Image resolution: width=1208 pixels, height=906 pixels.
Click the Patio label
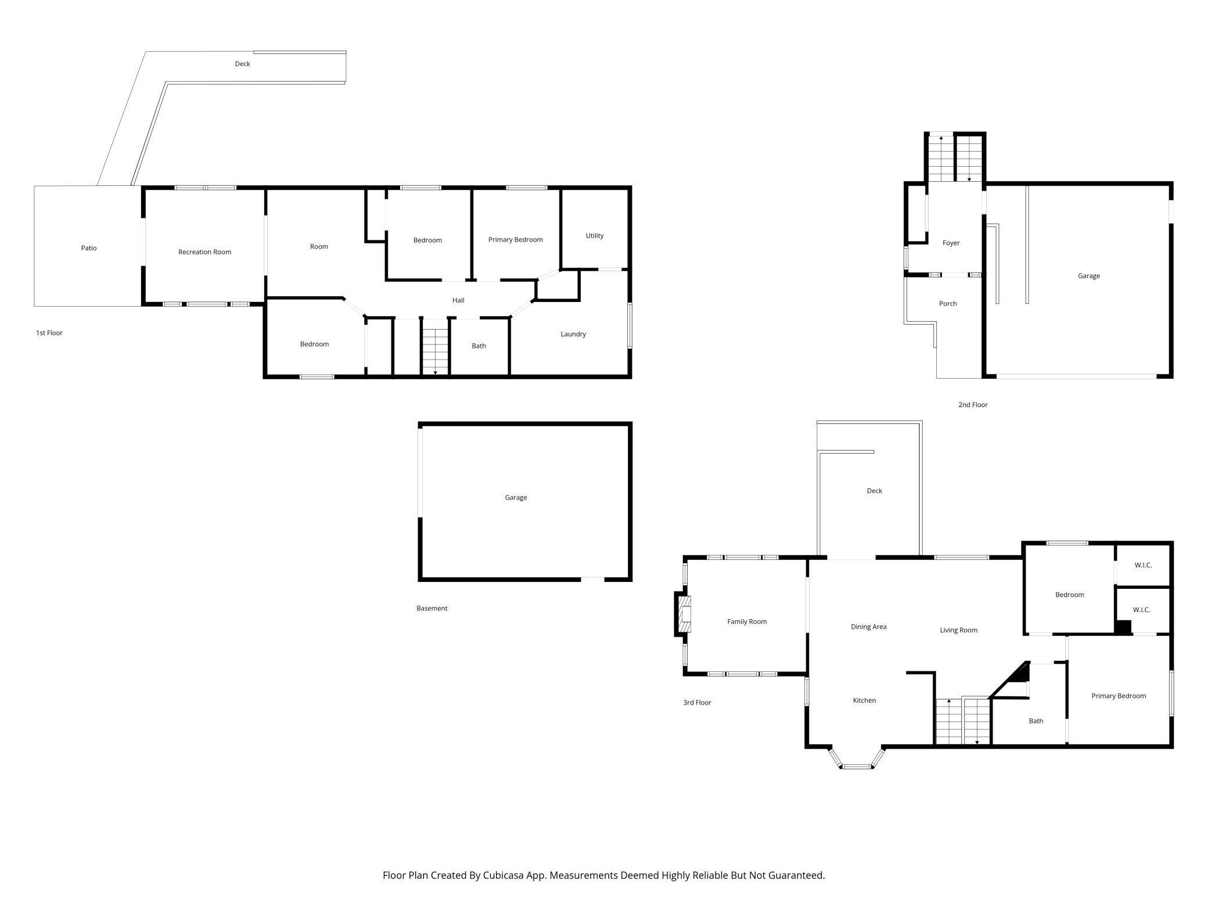[89, 248]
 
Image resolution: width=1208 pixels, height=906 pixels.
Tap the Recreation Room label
[204, 252]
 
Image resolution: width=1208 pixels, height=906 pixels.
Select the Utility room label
[594, 236]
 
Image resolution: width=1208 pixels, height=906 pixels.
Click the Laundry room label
[573, 334]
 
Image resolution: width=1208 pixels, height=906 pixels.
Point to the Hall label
[458, 300]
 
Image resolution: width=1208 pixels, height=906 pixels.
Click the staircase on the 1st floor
[435, 351]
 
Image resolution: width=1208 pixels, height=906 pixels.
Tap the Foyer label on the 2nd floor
[951, 243]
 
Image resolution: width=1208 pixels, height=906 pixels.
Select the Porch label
[947, 304]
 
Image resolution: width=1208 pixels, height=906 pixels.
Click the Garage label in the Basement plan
[516, 498]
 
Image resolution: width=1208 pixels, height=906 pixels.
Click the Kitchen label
[864, 700]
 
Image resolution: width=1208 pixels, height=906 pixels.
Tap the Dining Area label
[868, 627]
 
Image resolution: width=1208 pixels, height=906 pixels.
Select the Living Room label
[958, 630]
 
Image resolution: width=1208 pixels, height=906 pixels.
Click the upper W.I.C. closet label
[1142, 565]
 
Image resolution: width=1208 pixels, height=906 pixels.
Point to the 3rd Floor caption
[697, 703]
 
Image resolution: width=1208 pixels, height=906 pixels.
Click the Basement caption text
[432, 609]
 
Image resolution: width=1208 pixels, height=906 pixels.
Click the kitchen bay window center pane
[857, 767]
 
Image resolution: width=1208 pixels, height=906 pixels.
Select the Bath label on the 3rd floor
[1036, 721]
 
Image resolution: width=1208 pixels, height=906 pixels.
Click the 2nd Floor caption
[973, 405]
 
